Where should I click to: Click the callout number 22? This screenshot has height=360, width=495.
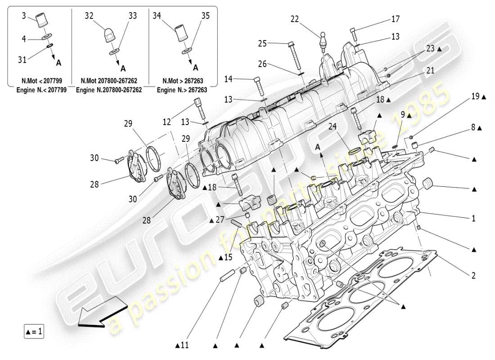click(294, 19)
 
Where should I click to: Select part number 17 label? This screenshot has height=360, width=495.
click(395, 19)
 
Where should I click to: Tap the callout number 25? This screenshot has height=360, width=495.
click(262, 44)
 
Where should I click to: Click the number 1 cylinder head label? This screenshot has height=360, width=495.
click(473, 219)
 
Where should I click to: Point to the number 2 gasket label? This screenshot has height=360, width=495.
click(473, 275)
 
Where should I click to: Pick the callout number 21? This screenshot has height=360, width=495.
click(431, 70)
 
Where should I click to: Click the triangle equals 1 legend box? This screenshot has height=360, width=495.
click(34, 332)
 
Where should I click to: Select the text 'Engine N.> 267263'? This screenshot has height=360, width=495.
click(182, 90)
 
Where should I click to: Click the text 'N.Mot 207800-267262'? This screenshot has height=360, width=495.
click(109, 81)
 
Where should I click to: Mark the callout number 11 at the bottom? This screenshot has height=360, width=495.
click(182, 346)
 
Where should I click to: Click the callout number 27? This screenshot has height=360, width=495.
click(219, 220)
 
